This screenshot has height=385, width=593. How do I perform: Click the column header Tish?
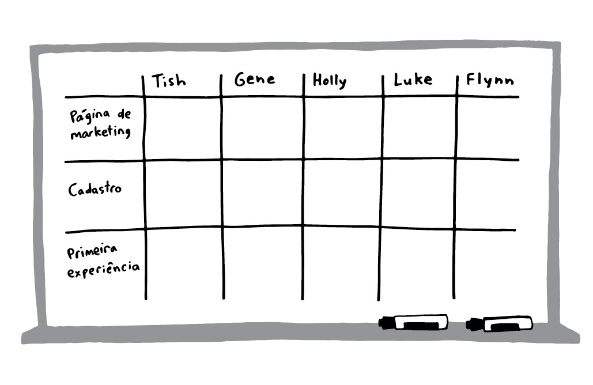(x=169, y=81)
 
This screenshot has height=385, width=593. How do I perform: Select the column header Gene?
(x=255, y=79)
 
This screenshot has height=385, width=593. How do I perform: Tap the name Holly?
(x=330, y=81)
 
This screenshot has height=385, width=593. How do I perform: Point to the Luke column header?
(x=413, y=80)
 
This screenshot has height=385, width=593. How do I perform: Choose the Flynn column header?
(x=490, y=80)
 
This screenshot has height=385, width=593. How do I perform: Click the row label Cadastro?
(x=95, y=188)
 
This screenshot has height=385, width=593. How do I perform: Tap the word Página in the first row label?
(x=90, y=116)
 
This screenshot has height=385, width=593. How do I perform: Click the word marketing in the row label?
(x=101, y=132)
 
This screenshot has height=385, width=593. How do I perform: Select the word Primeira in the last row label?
(x=92, y=251)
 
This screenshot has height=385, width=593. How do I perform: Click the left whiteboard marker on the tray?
(x=413, y=323)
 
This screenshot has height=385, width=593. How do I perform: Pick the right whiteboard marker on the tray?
(x=499, y=324)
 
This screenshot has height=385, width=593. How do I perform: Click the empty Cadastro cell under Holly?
(x=342, y=193)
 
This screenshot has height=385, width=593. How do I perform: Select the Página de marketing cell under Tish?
(x=183, y=128)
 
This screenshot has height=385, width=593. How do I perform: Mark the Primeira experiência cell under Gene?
(x=263, y=263)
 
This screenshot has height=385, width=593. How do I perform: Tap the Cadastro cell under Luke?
(x=418, y=194)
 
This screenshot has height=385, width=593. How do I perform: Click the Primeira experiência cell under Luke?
(x=417, y=264)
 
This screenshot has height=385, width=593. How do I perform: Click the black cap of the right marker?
(x=474, y=324)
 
